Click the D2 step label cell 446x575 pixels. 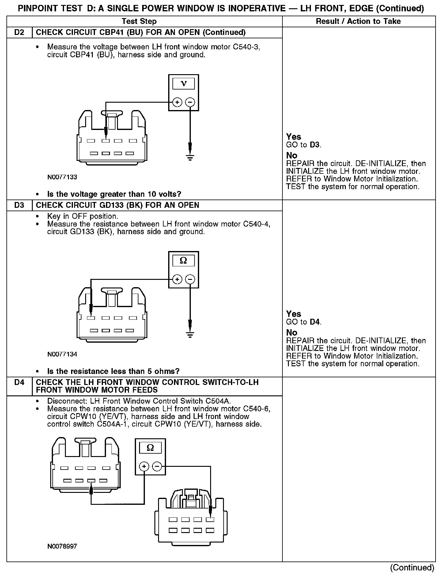tap(19, 32)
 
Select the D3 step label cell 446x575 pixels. tap(19, 205)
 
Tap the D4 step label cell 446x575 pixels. tap(19, 382)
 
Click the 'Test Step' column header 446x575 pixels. tap(139, 21)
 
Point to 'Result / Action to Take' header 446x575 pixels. tap(358, 21)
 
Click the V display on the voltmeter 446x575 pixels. tap(183, 83)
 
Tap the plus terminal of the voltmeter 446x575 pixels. tap(177, 102)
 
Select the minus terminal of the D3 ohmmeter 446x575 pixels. tap(190, 279)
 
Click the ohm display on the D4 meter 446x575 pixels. tap(150, 448)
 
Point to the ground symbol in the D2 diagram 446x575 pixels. tap(190, 158)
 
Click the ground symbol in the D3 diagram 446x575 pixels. tap(190, 334)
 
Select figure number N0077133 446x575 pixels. tap(62, 177)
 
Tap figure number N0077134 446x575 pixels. tap(62, 354)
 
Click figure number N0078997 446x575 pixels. tap(62, 546)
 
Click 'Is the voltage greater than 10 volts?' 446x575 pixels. tap(114, 194)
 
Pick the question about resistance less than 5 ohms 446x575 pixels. tap(113, 371)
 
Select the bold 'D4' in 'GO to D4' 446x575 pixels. tap(315, 322)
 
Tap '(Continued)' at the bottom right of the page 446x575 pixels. tap(412, 567)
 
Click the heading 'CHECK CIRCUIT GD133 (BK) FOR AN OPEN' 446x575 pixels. tap(117, 205)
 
